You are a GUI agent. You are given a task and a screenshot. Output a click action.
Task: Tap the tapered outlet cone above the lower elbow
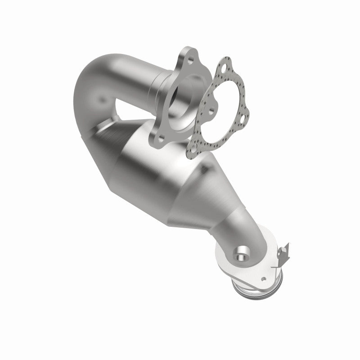tap(211, 198)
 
